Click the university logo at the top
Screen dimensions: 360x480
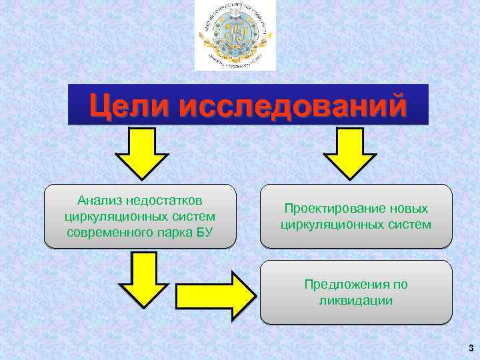coord(235,35)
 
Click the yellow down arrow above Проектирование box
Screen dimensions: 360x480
coord(349,153)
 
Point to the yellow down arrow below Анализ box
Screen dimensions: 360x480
coord(145,277)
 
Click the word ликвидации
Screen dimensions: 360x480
coord(356,301)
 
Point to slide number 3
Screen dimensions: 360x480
coord(471,348)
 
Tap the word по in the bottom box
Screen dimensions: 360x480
coord(400,285)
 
